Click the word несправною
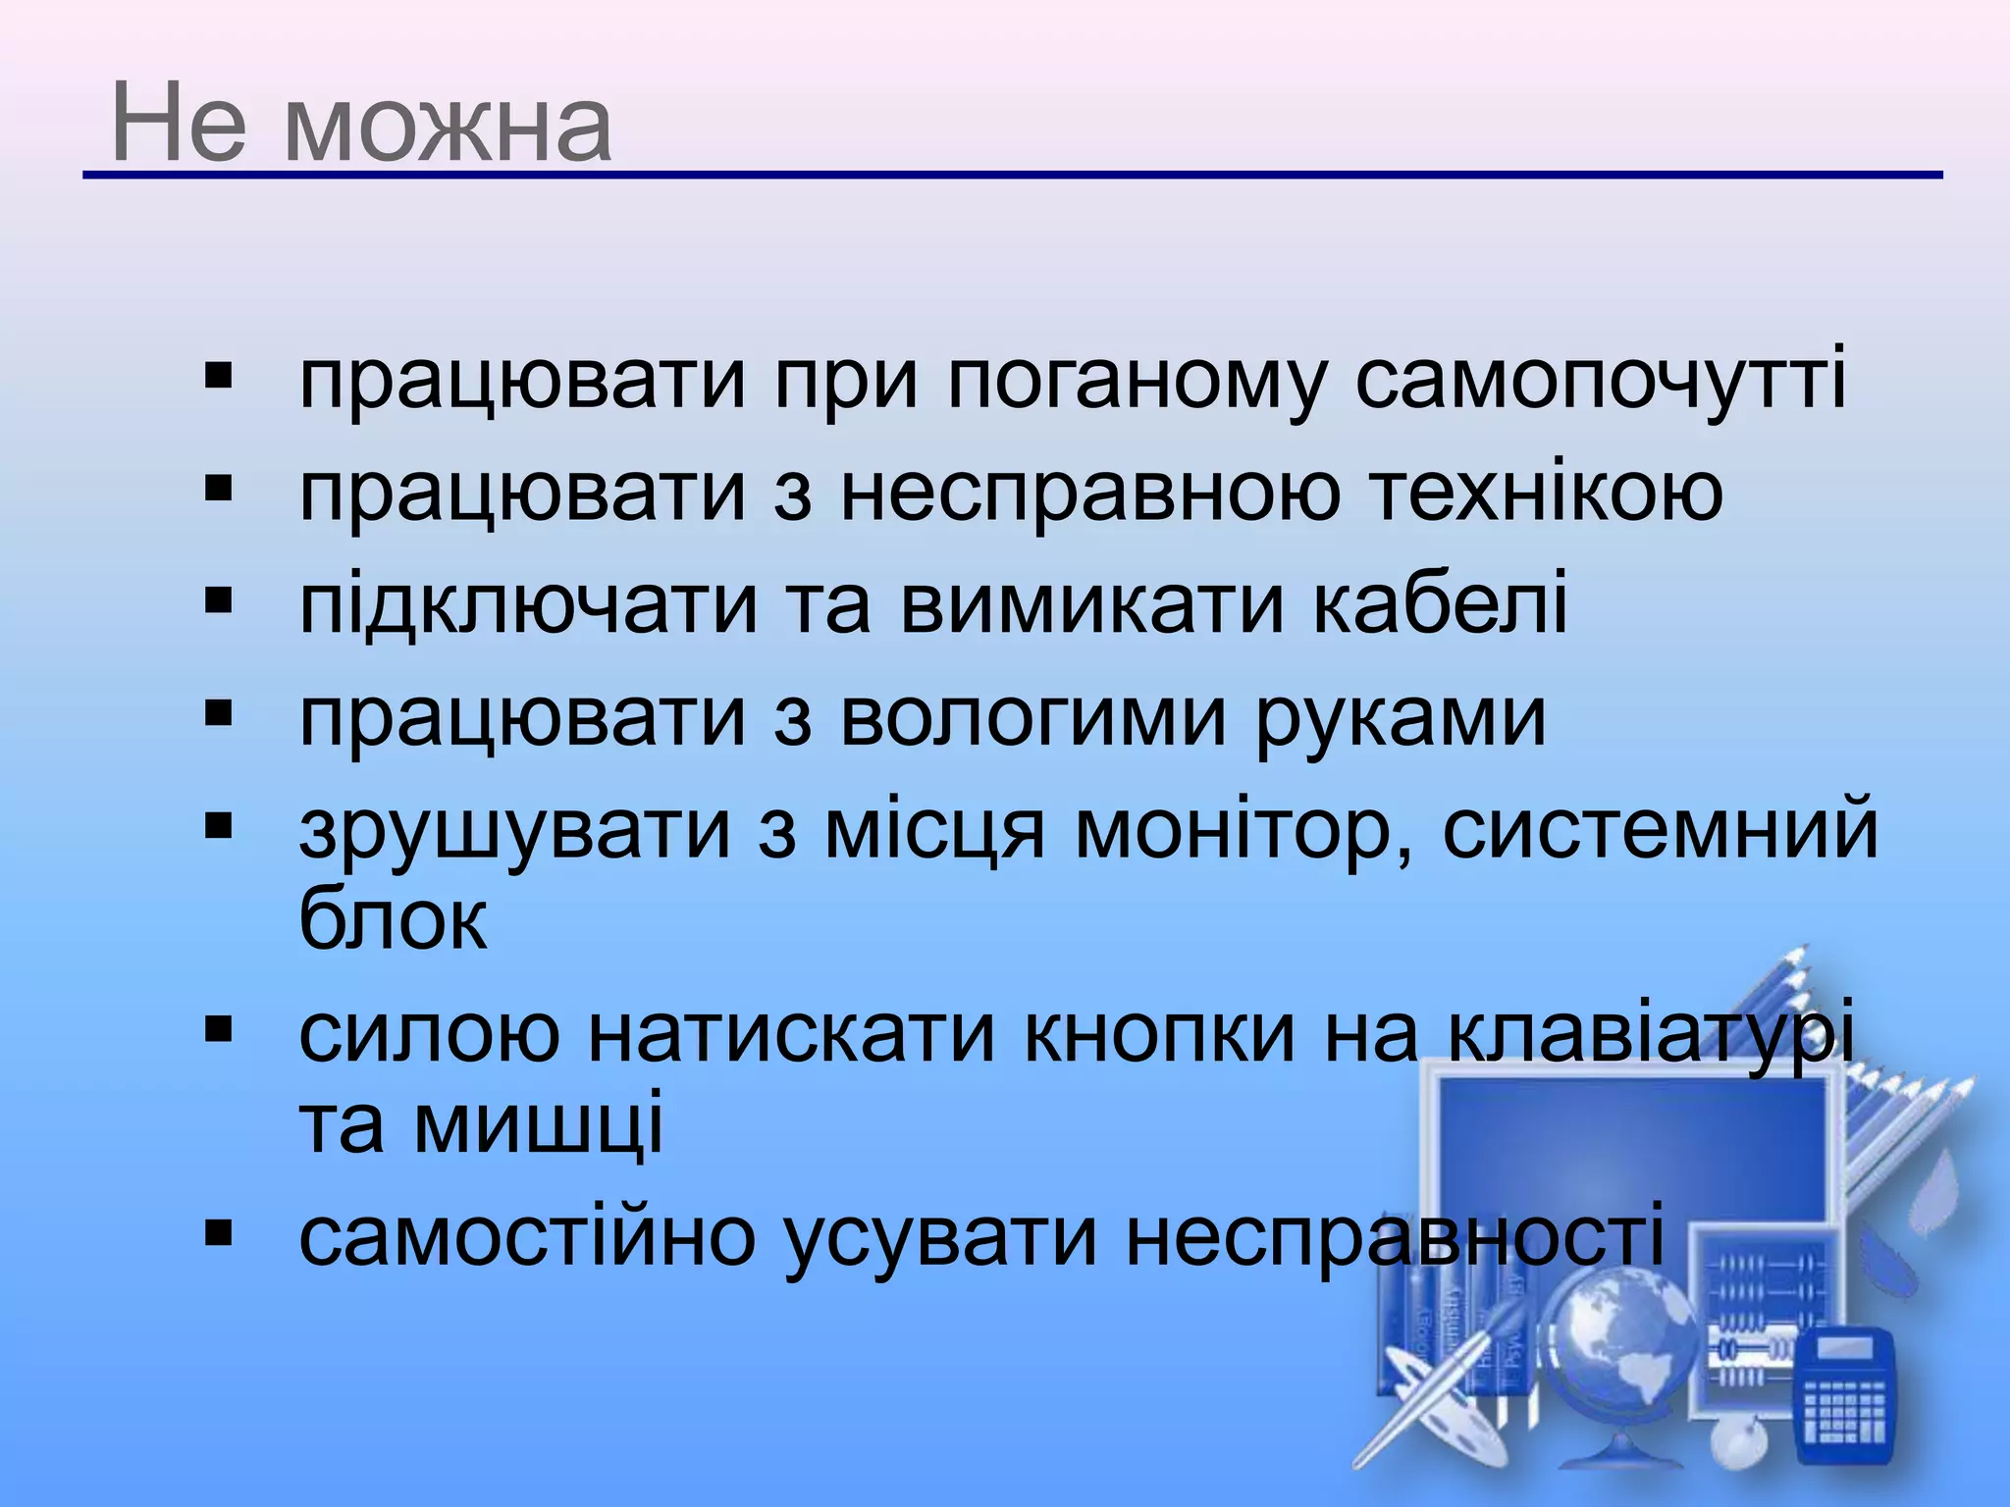pyautogui.click(x=1089, y=493)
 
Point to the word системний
pyautogui.click(x=1660, y=830)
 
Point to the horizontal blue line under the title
pyautogui.click(x=1011, y=176)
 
